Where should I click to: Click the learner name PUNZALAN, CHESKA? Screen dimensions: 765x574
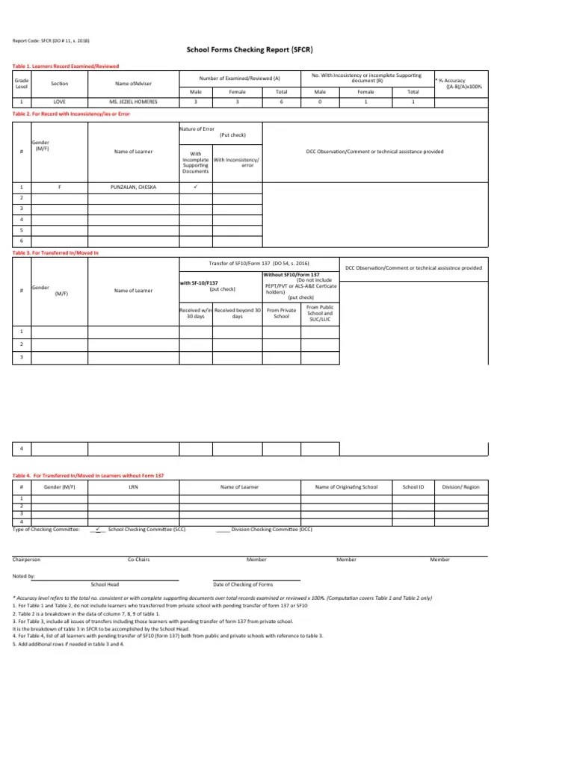[132, 187]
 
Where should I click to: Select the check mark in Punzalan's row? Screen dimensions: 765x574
[194, 187]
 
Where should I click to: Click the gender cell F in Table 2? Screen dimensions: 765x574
[59, 187]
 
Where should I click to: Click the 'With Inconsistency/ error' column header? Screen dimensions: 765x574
[237, 162]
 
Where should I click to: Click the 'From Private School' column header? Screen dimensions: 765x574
[282, 313]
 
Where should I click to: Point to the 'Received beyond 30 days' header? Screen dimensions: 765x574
[237, 313]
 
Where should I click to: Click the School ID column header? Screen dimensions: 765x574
[413, 486]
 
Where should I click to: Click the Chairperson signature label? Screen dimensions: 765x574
[27, 560]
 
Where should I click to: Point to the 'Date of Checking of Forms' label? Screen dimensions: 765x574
[243, 583]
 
